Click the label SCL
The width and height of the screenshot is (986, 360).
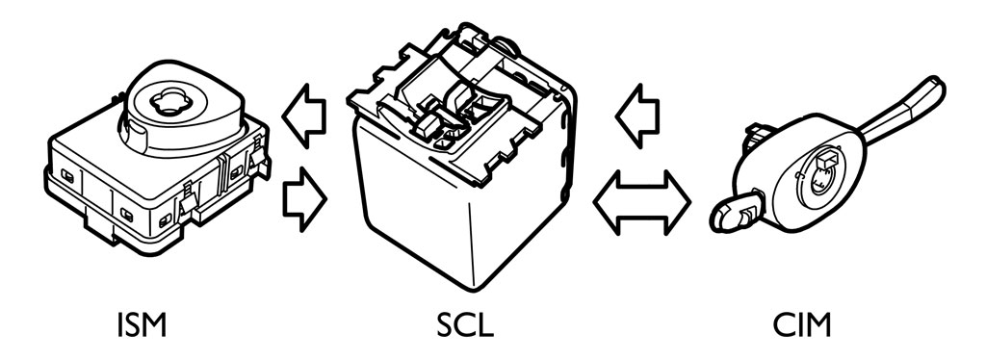[x=464, y=326]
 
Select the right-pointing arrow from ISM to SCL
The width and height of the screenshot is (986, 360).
[x=305, y=198]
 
